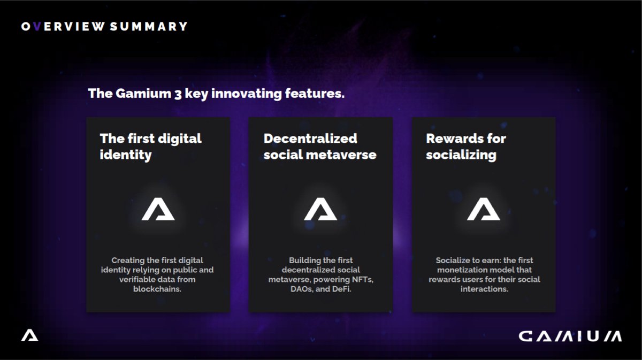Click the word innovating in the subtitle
click(x=240, y=94)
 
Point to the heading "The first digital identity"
click(x=150, y=147)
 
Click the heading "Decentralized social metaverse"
click(x=319, y=147)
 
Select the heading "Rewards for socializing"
click(x=465, y=147)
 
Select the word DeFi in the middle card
click(x=342, y=289)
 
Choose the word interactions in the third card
click(x=483, y=289)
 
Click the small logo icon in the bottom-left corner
click(x=29, y=335)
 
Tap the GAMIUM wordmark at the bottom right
click(x=570, y=336)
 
